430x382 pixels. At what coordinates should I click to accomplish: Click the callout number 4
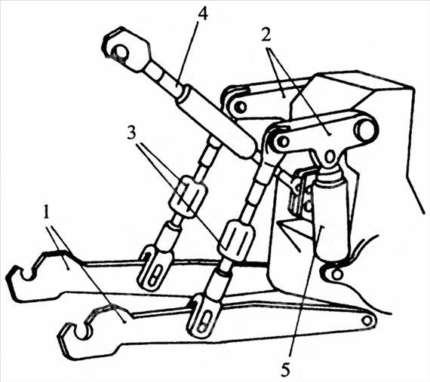click(202, 13)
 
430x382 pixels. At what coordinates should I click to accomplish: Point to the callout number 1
click(47, 212)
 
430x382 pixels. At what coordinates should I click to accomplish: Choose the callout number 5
click(285, 370)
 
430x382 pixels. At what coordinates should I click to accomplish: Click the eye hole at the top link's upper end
click(121, 51)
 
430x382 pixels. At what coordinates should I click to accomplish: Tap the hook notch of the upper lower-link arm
click(28, 274)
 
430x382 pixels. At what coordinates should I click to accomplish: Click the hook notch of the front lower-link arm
click(81, 332)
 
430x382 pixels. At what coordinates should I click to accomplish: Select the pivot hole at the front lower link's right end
click(367, 320)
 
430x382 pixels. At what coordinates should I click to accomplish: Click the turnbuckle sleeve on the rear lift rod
click(187, 197)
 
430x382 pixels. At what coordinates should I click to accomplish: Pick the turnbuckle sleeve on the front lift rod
click(236, 240)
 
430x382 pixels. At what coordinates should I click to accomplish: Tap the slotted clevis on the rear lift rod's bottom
click(155, 267)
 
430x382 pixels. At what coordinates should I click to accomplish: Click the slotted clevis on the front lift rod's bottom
click(204, 316)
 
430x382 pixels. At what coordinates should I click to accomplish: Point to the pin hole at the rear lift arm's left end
click(240, 107)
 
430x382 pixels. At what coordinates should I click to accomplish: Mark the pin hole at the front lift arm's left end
click(284, 142)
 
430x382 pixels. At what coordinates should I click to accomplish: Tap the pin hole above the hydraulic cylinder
click(330, 157)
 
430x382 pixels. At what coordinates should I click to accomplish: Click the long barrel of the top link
click(217, 121)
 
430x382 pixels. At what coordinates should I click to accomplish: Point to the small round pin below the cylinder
click(337, 273)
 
